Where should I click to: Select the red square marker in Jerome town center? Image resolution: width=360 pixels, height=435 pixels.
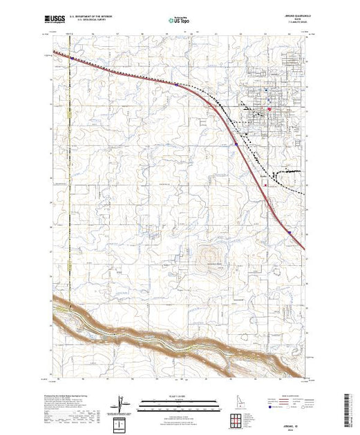click(269, 108)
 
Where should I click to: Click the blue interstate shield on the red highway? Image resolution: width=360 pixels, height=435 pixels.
click(236, 144)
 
